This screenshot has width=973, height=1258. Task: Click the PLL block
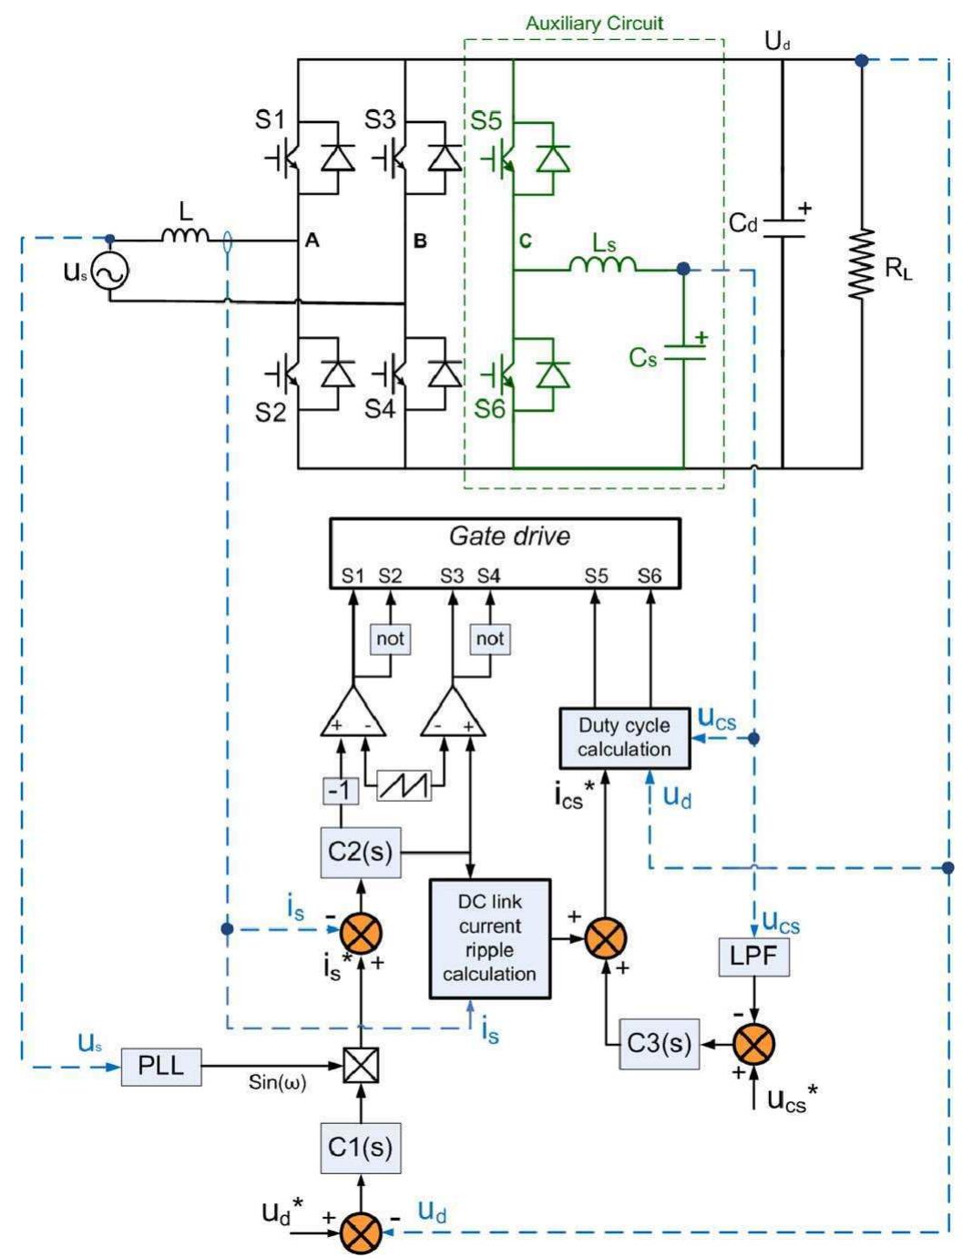tap(161, 1066)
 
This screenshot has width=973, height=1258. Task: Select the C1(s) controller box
tap(361, 1148)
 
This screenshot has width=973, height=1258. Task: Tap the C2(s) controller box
tap(361, 853)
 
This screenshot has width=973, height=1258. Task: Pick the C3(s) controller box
tap(659, 1044)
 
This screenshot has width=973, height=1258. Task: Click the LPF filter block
tap(753, 957)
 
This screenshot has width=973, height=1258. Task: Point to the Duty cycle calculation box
tap(624, 738)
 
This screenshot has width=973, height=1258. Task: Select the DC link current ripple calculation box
tap(489, 938)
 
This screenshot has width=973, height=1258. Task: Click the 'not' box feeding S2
tap(390, 639)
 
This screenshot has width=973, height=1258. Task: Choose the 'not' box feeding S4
tap(490, 639)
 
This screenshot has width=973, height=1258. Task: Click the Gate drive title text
tap(509, 536)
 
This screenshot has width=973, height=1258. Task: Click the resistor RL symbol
tap(861, 264)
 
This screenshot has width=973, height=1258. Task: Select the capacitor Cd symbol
tap(783, 228)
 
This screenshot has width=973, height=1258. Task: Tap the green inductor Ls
tap(603, 264)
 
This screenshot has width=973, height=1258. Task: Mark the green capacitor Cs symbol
tap(683, 353)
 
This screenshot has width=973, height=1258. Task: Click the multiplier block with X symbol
tap(361, 1066)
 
